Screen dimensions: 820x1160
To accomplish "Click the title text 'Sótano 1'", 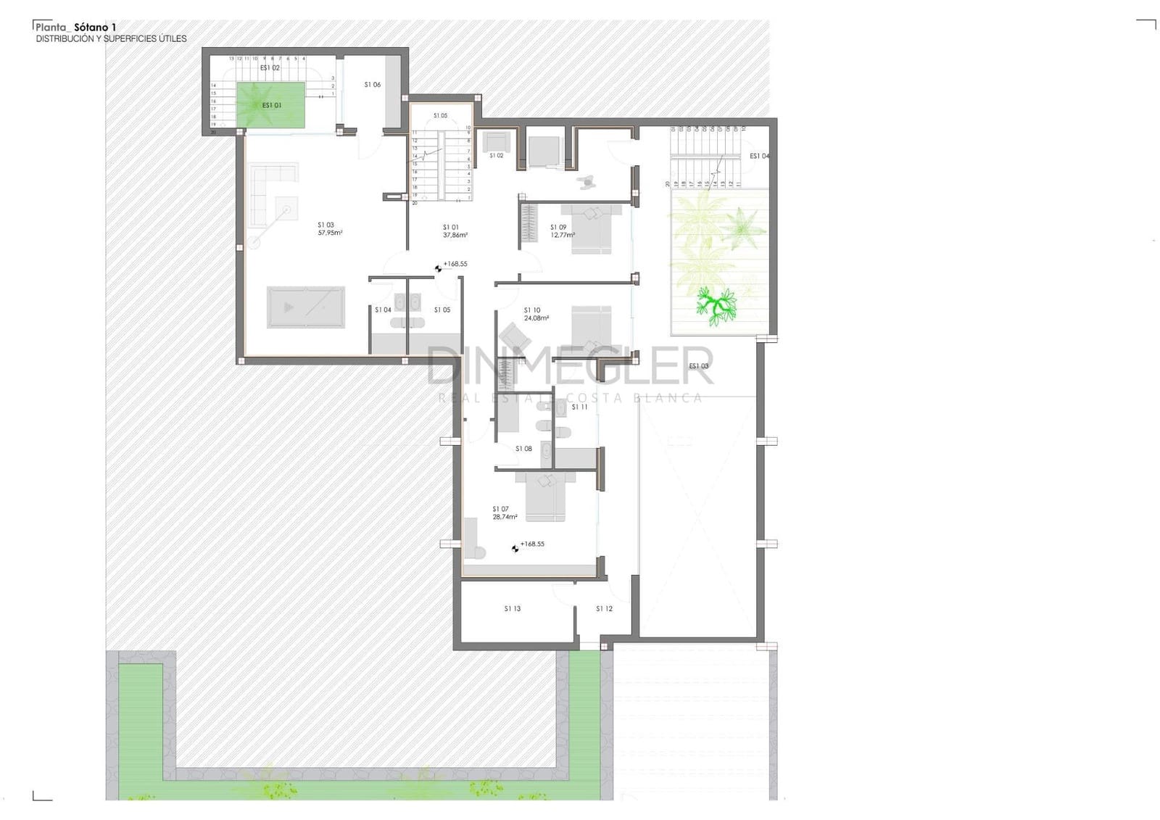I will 95,28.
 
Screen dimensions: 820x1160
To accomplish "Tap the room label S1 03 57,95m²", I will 329,229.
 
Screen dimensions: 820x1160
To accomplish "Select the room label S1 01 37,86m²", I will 455,231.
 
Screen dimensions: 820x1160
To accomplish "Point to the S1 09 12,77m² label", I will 562,231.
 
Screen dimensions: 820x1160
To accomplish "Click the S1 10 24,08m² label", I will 536,314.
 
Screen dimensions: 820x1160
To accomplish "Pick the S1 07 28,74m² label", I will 504,513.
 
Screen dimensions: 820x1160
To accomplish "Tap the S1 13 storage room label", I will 513,609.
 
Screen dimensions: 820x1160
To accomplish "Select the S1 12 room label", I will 604,609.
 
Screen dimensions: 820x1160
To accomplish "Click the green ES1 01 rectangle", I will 271,106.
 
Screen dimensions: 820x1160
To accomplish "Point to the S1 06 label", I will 372,85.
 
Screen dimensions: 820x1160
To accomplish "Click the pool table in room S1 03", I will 305,307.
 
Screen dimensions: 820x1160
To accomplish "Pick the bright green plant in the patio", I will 716,304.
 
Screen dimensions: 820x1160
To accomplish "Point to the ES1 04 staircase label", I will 759,156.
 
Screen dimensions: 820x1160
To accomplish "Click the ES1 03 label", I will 698,366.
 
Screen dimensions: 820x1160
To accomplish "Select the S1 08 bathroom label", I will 523,449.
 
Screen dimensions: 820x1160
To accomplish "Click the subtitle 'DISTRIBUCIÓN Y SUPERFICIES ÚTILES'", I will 111,39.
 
